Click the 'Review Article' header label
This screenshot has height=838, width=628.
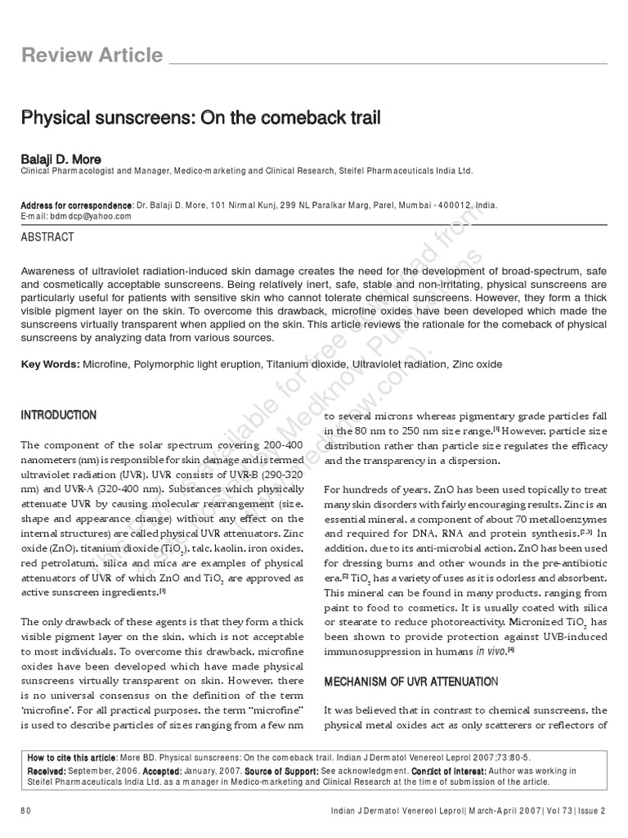point(92,56)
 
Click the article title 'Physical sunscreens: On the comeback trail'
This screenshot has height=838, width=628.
point(200,118)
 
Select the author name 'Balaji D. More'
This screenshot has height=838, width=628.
point(61,159)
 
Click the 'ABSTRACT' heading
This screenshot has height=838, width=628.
point(47,237)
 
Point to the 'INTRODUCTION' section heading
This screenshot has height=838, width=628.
point(58,415)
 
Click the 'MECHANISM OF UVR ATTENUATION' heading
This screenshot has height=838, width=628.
point(410,681)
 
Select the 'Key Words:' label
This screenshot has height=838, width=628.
point(50,363)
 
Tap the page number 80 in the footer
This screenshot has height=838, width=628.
point(25,810)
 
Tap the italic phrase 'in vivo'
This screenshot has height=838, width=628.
point(491,651)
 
